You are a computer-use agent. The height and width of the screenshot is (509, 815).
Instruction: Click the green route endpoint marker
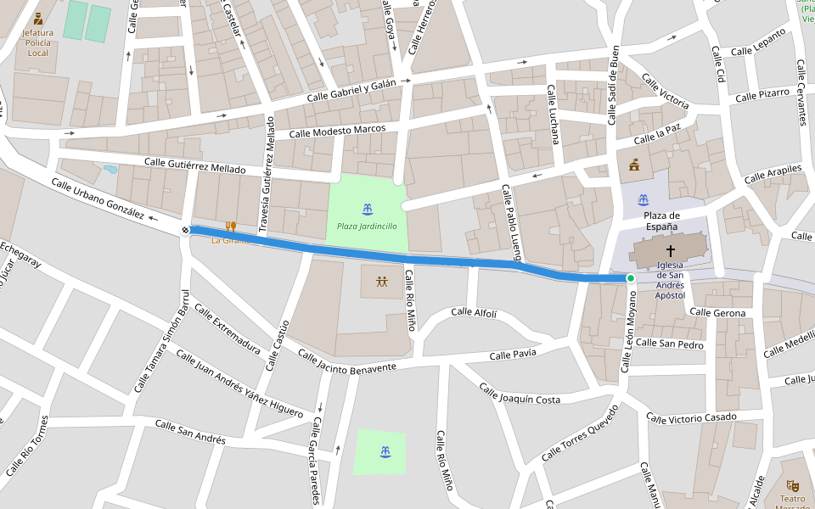point(631,278)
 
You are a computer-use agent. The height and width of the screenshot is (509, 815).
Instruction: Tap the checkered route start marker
point(185,230)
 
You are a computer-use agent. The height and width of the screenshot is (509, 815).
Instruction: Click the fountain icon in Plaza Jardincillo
point(367,209)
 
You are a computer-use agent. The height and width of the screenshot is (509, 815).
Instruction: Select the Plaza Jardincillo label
point(367,226)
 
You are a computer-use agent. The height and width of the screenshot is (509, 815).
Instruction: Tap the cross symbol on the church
point(671,250)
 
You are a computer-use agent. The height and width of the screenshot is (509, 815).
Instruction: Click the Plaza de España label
point(661,221)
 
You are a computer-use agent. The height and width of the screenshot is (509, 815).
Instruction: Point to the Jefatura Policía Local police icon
point(38,19)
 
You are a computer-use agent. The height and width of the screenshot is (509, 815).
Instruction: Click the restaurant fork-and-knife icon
point(230,227)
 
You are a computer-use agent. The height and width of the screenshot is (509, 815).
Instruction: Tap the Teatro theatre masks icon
point(793,485)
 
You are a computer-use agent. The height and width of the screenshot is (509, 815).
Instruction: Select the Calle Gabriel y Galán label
point(351,90)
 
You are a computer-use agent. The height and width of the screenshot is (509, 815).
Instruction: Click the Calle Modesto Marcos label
point(337,131)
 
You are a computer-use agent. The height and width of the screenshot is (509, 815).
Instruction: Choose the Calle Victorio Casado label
point(691,417)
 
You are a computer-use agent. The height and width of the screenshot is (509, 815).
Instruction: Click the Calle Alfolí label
point(474,312)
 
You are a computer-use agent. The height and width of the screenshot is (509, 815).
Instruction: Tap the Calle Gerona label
point(717,313)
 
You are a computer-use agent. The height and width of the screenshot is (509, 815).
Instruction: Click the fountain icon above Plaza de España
point(644,199)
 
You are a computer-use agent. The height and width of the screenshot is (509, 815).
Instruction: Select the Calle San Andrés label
point(190,433)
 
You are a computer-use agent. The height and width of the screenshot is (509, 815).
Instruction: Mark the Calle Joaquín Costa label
point(520,394)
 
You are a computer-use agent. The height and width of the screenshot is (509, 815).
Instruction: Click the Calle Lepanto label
point(759,43)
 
